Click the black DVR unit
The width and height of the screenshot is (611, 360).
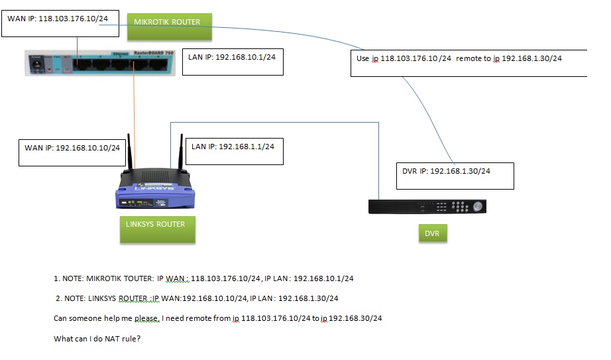tap(428, 206)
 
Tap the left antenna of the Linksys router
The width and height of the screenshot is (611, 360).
tap(131, 156)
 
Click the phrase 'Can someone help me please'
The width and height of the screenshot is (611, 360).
tap(107, 319)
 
